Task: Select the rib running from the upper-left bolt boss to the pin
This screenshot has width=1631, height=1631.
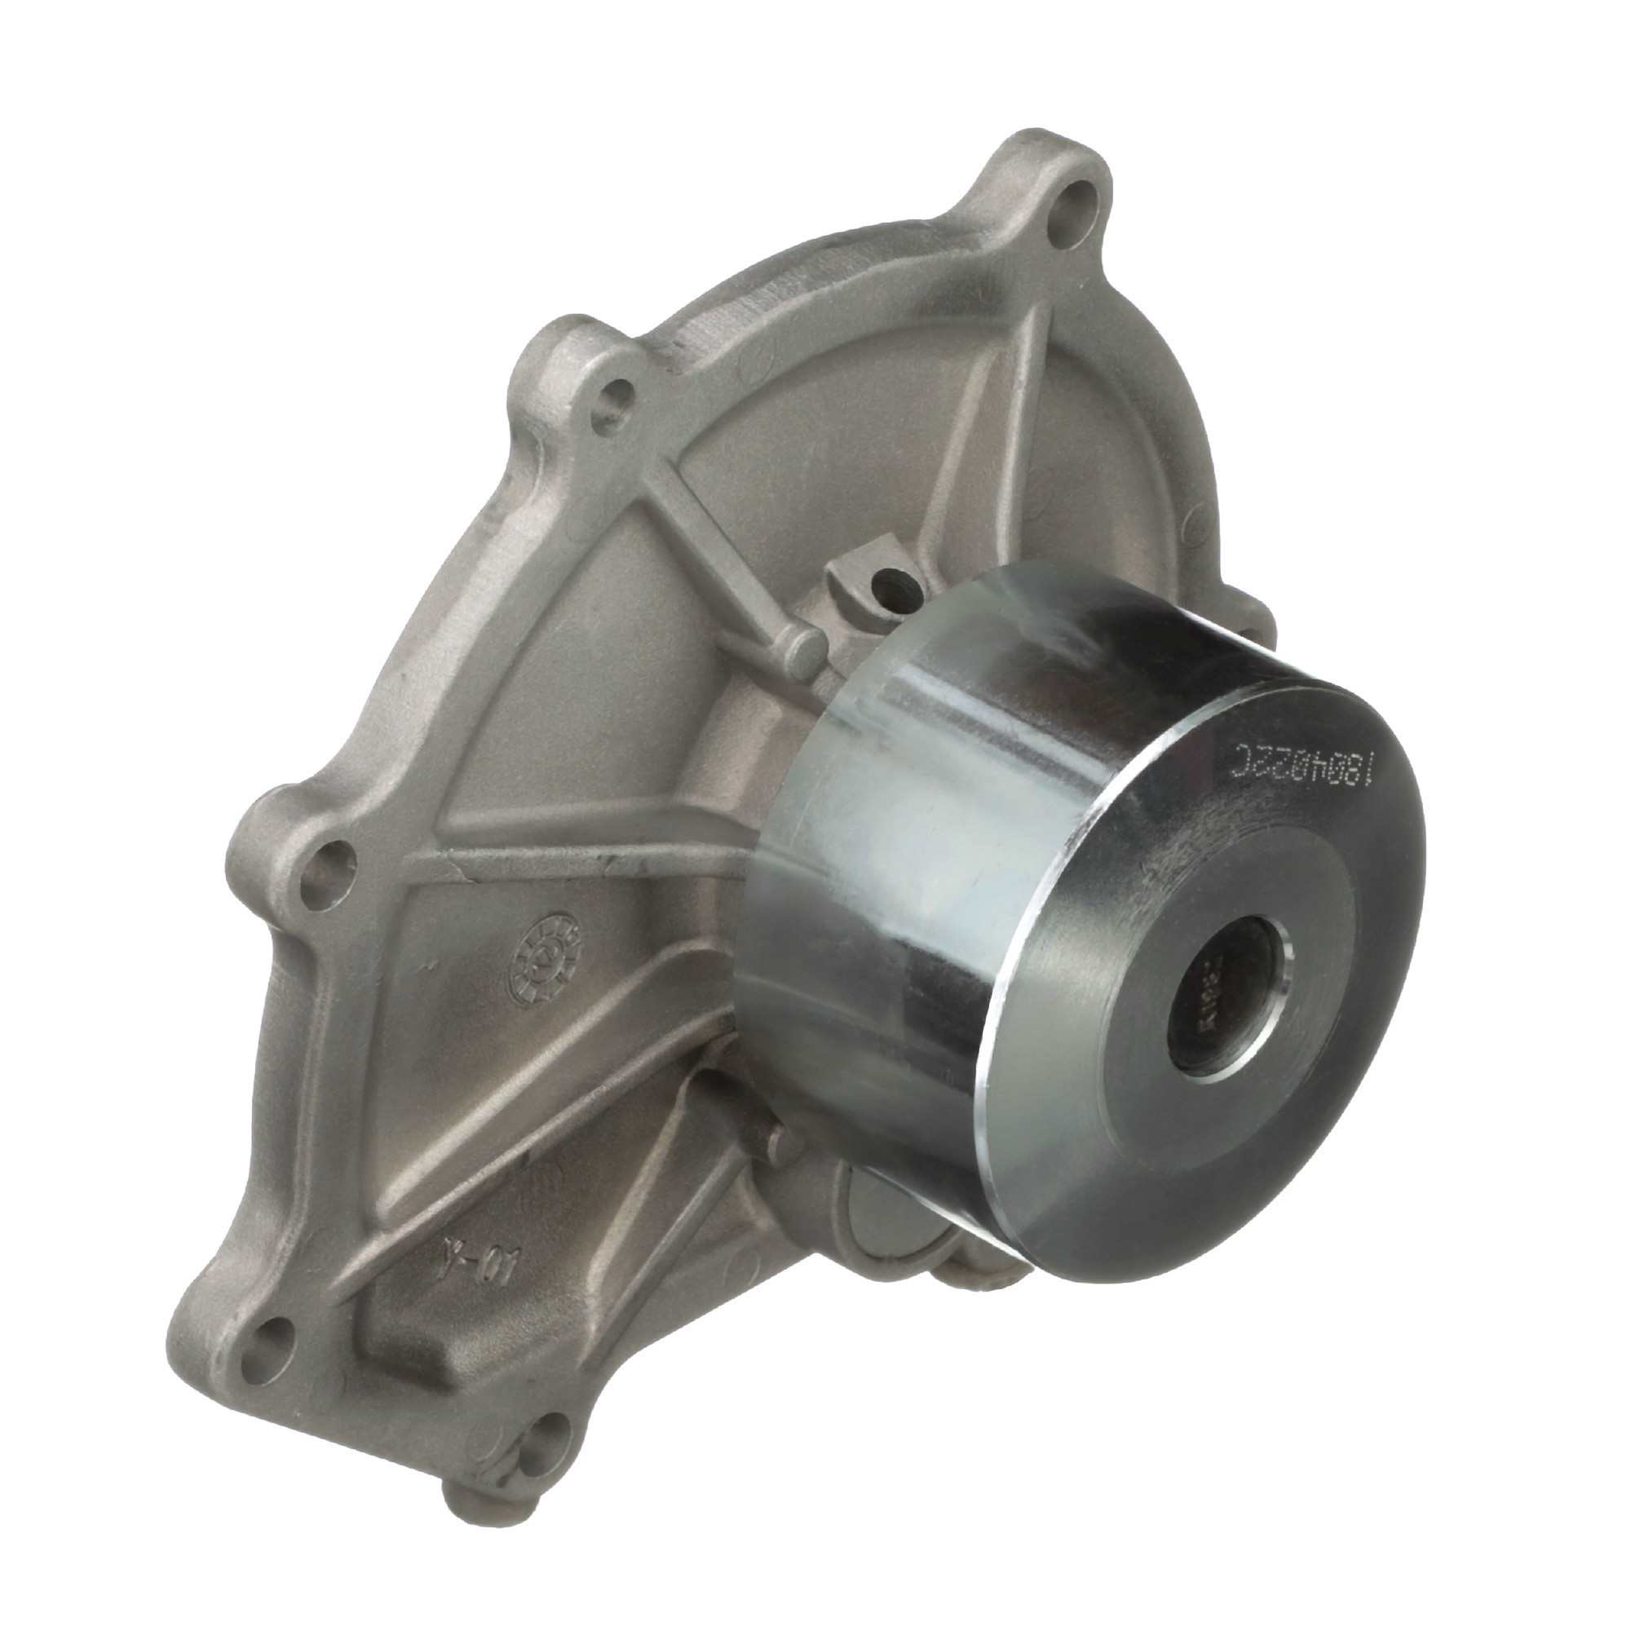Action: tap(709, 541)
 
